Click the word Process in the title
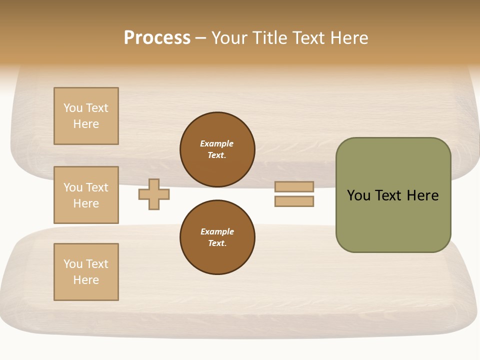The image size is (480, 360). pyautogui.click(x=157, y=38)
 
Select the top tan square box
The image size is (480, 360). pyautogui.click(x=86, y=116)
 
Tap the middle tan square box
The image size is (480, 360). pyautogui.click(x=86, y=195)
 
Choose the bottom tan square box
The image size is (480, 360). pyautogui.click(x=86, y=272)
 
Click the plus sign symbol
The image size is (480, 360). pyautogui.click(x=154, y=194)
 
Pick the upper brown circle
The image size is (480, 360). pyautogui.click(x=217, y=149)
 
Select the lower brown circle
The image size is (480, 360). pyautogui.click(x=217, y=237)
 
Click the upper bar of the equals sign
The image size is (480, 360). pyautogui.click(x=294, y=186)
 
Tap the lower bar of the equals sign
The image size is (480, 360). pyautogui.click(x=294, y=201)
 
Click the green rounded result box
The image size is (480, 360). pyautogui.click(x=393, y=195)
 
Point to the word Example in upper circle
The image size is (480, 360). pyautogui.click(x=217, y=143)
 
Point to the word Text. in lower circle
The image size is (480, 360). pyautogui.click(x=217, y=243)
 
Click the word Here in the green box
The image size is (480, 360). pyautogui.click(x=422, y=195)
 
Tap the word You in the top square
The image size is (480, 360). pyautogui.click(x=73, y=108)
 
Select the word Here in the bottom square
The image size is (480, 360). pyautogui.click(x=86, y=280)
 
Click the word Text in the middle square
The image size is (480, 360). pyautogui.click(x=97, y=187)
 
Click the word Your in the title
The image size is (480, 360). pyautogui.click(x=230, y=38)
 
